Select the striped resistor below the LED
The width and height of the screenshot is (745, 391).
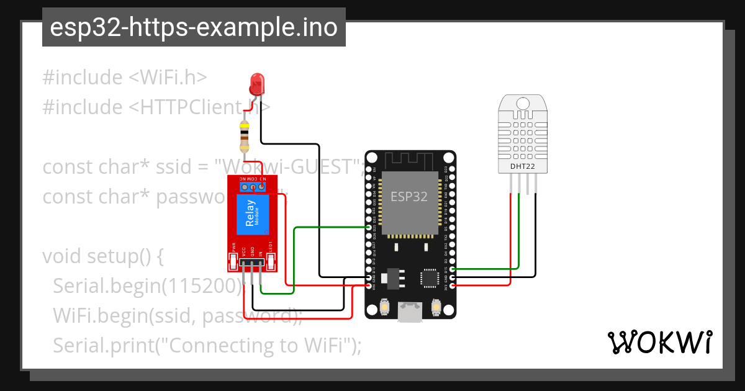tap(245, 137)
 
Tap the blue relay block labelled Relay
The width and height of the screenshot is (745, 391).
tap(252, 214)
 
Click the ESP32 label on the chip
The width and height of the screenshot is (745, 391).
tap(409, 197)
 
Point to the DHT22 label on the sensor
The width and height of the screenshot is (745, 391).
tap(521, 166)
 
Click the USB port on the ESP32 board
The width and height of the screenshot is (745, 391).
tap(410, 312)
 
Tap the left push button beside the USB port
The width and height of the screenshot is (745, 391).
tap(384, 307)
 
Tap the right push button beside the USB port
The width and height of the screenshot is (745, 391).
tap(436, 307)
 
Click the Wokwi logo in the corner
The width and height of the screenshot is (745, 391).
tap(659, 342)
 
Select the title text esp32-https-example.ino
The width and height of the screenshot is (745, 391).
tap(194, 27)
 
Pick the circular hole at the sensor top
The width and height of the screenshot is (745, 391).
tap(522, 101)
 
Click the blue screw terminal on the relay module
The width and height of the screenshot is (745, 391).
tap(253, 186)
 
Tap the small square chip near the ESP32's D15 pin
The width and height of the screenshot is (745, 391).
tap(430, 277)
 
